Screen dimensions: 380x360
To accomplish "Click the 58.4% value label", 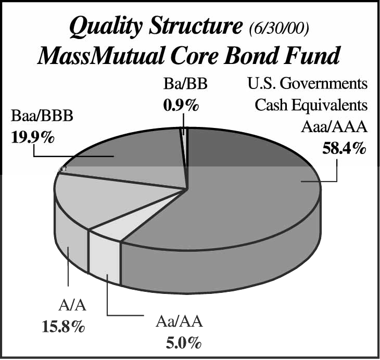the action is [344, 148].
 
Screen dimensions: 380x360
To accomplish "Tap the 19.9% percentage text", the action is [33, 138].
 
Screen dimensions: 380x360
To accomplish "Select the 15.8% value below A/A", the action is [64, 327].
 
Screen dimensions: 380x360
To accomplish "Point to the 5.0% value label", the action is [183, 343].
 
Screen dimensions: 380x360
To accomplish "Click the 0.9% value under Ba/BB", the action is [181, 106].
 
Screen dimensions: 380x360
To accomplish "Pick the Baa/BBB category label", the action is [42, 116].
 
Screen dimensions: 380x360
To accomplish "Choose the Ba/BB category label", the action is [185, 84].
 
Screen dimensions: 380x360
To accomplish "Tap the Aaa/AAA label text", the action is [334, 127].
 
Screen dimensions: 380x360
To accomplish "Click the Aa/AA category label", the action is [179, 322].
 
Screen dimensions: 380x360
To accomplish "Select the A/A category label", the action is [72, 305].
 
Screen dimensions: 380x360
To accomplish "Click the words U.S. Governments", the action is [308, 84].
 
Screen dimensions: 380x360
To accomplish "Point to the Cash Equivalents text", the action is [311, 105].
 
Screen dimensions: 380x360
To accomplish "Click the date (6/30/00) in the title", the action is [278, 29].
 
